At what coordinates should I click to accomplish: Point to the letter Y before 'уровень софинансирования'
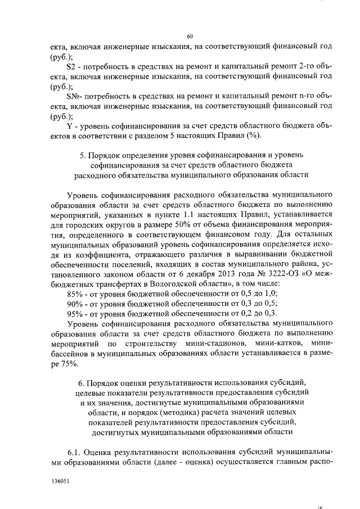coord(69,127)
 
